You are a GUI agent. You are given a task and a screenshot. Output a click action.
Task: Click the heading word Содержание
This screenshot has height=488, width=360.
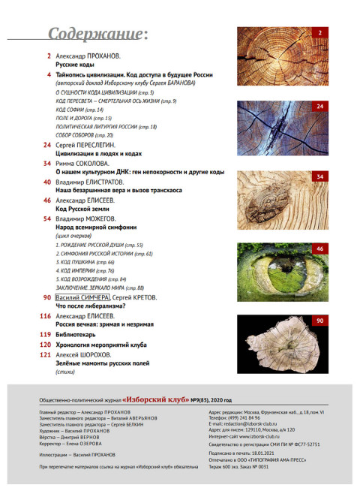[x=94, y=35]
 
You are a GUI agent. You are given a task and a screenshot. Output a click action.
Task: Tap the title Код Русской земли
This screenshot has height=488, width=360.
[x=81, y=210]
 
